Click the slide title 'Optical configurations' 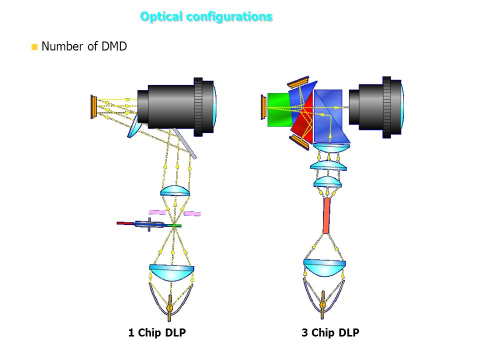click(x=206, y=16)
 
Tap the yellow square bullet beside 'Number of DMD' click(x=34, y=47)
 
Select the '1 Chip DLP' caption click(x=157, y=332)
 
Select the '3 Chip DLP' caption click(x=330, y=332)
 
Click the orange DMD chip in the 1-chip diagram click(x=93, y=107)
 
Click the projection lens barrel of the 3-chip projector click(x=376, y=107)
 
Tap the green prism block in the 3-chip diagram click(x=279, y=109)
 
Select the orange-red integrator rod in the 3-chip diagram click(x=326, y=216)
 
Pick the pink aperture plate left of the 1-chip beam click(x=157, y=212)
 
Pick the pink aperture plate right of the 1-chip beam click(x=192, y=213)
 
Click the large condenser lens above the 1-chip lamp click(x=171, y=272)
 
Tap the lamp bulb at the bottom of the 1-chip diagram click(x=169, y=307)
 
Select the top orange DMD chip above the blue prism click(x=298, y=81)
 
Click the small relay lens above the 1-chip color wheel click(x=175, y=191)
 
